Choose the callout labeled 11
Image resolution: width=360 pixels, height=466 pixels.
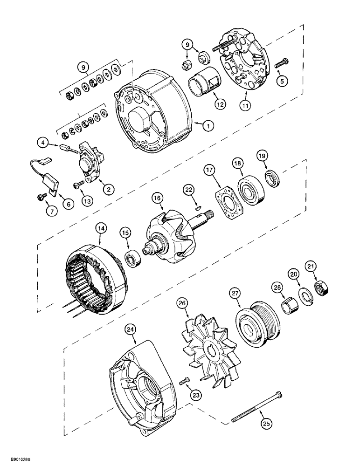coord(245,106)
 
